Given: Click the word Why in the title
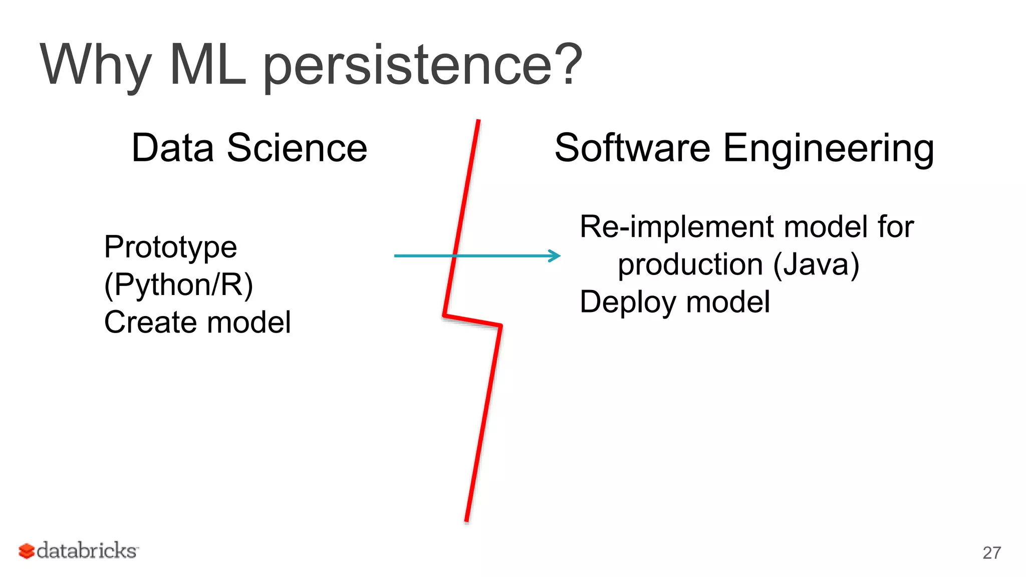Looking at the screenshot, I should pos(95,65).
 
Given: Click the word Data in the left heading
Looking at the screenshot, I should pos(172,148).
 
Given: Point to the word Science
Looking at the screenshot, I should pos(297,148).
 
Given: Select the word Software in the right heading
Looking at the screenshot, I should pos(632,148).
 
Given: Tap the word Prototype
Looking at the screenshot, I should pos(170,248).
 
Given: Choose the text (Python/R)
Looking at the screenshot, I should pos(178,285).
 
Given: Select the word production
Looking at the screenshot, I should pos(690,265).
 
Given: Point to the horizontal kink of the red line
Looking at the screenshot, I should pos(472,321).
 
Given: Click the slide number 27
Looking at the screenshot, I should pos(991,553).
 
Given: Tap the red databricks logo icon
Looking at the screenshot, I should pos(27,551).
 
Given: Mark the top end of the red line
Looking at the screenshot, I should pos(478,122).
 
